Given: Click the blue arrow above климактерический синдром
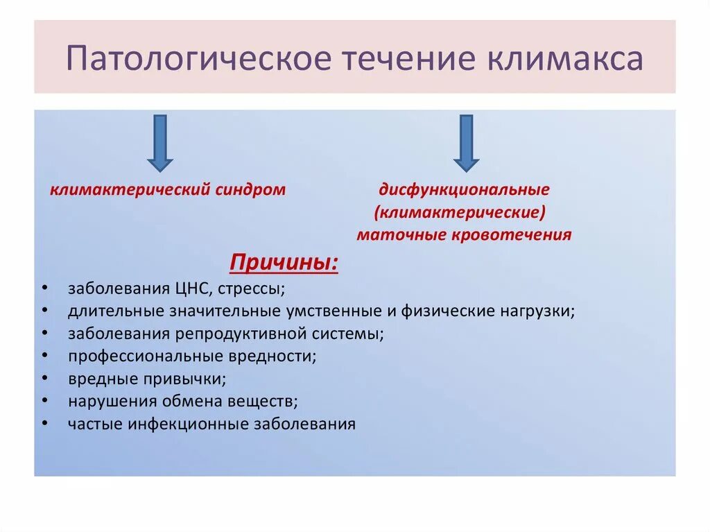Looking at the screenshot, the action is (x=160, y=143).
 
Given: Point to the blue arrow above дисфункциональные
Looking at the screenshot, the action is (x=466, y=143).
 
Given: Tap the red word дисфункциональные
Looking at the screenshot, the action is (x=464, y=189).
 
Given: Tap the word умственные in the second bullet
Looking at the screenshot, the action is (x=327, y=311).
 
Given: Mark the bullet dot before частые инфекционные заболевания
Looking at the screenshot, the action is (x=44, y=424).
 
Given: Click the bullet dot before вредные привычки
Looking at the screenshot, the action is (x=44, y=379).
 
